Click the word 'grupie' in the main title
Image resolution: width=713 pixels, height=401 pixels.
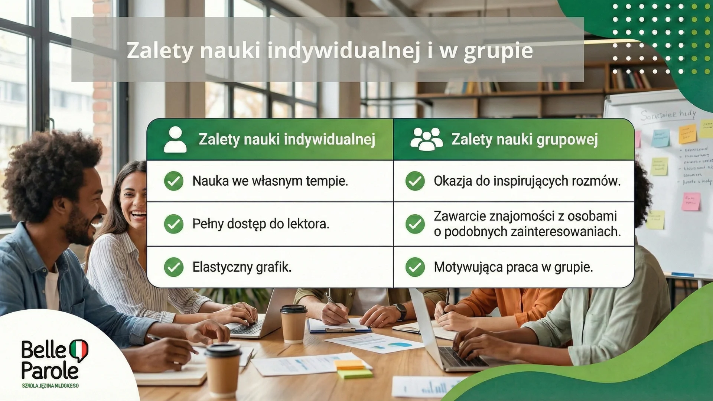tap(498, 51)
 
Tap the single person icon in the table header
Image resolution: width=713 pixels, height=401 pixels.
tap(175, 140)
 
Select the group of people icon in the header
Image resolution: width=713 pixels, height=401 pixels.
tap(426, 139)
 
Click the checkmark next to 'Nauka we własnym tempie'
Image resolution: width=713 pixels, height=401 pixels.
tap(173, 181)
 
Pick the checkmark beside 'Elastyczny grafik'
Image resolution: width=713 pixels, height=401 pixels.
tap(173, 267)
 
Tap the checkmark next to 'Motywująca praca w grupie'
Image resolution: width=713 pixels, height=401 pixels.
tap(415, 267)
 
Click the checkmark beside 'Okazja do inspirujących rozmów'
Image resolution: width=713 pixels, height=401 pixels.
tap(415, 181)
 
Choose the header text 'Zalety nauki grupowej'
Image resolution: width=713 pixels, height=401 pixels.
tap(524, 140)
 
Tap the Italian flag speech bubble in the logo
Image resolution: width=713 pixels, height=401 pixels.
tap(78, 350)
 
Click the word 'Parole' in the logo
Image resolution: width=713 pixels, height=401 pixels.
tap(50, 371)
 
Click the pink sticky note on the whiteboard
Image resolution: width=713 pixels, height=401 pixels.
tap(691, 202)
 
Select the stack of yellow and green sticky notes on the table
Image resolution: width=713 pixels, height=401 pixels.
tap(354, 369)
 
